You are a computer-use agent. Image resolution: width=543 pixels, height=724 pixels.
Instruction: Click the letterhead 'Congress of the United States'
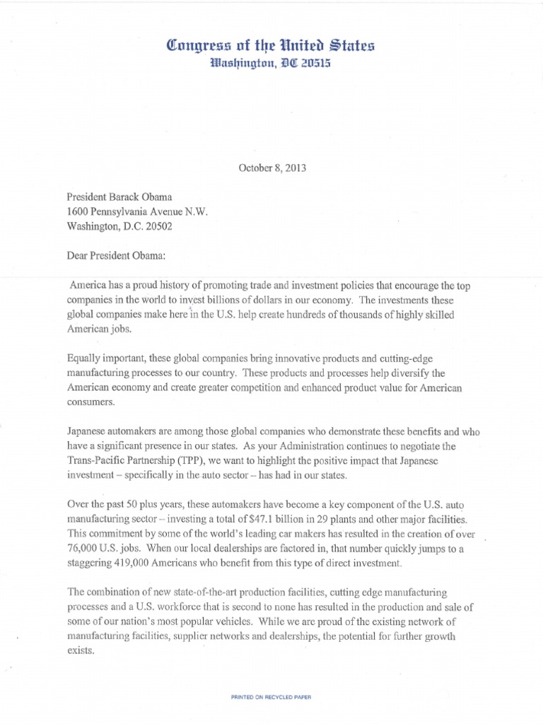(x=271, y=47)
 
